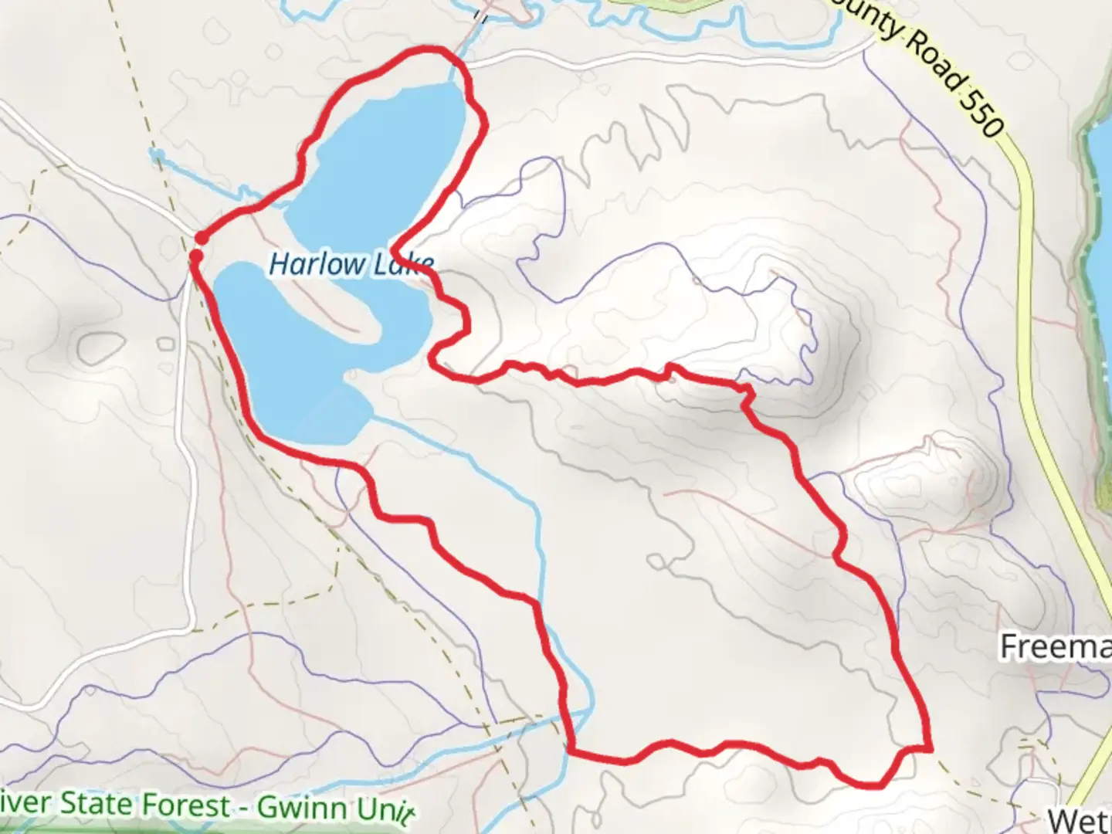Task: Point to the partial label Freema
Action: coord(1055,647)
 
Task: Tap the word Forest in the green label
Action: coord(186,805)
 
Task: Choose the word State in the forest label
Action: coord(97,803)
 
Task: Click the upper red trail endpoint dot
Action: coord(200,237)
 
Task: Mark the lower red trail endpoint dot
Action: coord(197,255)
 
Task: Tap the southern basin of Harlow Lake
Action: coord(301,371)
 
